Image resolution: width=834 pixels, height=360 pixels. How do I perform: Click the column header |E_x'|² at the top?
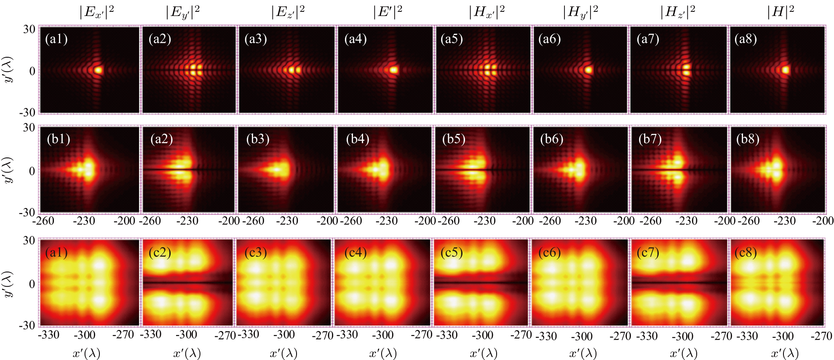[x=96, y=12]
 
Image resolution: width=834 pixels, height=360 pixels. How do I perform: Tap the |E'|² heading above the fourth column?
[x=387, y=12]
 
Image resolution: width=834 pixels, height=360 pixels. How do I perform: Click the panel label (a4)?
[x=355, y=39]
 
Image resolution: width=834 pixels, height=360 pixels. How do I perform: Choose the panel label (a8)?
[x=745, y=39]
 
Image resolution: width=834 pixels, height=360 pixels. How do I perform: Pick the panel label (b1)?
[x=58, y=139]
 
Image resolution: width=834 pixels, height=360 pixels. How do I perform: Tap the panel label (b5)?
[x=453, y=139]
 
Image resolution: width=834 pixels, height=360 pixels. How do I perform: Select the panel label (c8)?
[x=745, y=253]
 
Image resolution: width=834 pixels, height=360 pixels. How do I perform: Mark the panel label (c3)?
[x=255, y=253]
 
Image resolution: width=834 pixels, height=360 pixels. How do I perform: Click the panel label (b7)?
[x=650, y=139]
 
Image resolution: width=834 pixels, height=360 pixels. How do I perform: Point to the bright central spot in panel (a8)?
[x=786, y=70]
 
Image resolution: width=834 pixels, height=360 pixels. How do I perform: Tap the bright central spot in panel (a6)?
[x=588, y=70]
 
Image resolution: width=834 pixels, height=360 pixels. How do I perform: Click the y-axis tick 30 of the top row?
[x=29, y=29]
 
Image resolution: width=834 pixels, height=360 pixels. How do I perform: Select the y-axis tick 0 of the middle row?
[x=32, y=171]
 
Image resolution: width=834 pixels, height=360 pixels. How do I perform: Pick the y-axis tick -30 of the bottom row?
[x=27, y=325]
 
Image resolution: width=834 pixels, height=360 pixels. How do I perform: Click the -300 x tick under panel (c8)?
[x=783, y=336]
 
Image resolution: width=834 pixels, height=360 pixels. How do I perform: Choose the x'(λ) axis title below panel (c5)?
[x=483, y=353]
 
